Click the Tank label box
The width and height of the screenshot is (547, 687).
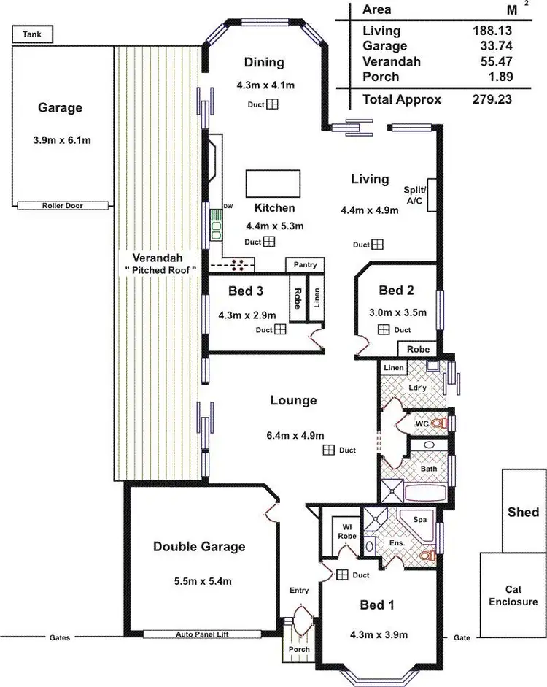31,34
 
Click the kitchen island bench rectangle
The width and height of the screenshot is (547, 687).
273,180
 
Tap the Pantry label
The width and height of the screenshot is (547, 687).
305,264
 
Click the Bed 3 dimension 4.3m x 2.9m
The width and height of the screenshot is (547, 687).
247,315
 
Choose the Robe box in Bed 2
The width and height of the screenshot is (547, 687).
418,349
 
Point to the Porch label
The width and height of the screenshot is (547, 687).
299,649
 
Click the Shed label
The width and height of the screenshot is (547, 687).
523,512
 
